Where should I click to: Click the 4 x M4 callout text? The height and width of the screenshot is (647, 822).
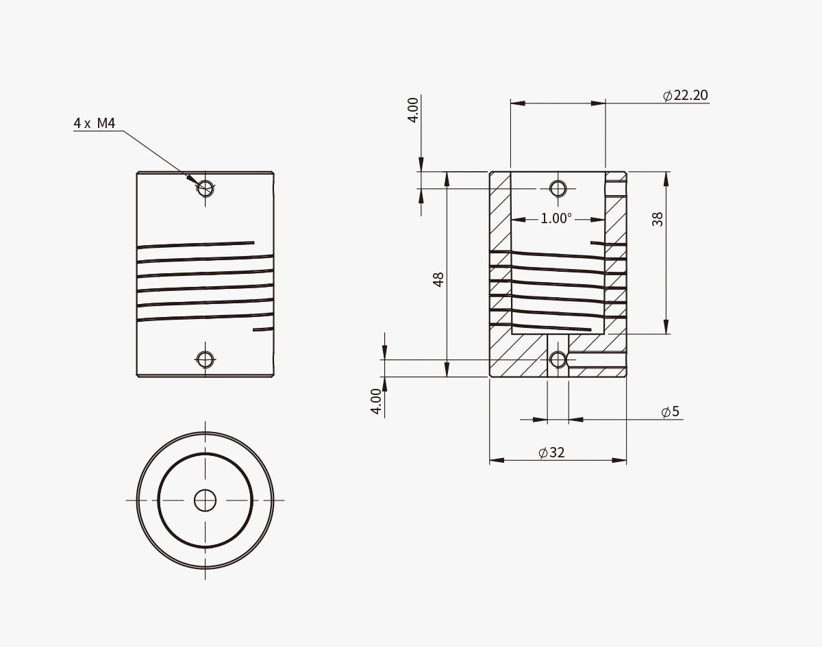click(95, 123)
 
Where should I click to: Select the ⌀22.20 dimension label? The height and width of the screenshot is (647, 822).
click(686, 95)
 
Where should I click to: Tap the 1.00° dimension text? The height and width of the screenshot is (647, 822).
click(556, 218)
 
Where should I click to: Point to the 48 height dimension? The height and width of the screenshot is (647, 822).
click(438, 279)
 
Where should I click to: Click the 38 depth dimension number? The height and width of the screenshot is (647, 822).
click(658, 219)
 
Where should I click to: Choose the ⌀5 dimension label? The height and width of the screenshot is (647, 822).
click(671, 411)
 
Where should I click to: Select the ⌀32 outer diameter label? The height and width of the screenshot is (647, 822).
click(551, 453)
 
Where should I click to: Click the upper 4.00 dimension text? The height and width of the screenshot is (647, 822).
click(413, 110)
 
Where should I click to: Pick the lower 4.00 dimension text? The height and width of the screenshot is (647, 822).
click(377, 401)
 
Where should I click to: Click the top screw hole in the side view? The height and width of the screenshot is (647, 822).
click(205, 188)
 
